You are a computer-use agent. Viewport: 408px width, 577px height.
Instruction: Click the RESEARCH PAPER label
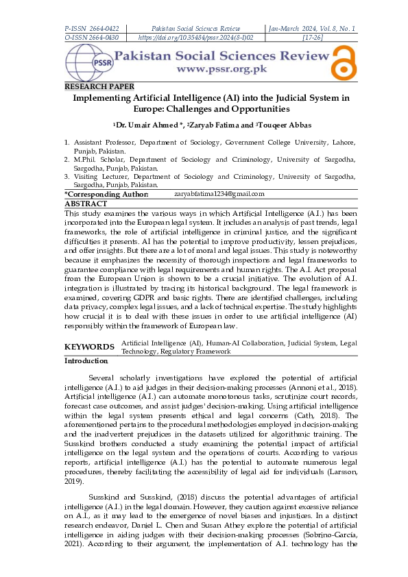click(x=99, y=87)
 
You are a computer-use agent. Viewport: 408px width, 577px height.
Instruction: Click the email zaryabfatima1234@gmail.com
click(x=219, y=195)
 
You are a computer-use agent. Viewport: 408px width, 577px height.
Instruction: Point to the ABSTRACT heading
click(x=86, y=204)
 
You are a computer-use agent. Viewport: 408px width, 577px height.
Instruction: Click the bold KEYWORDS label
click(x=89, y=347)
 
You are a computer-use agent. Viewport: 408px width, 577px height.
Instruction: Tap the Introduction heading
click(x=86, y=360)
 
